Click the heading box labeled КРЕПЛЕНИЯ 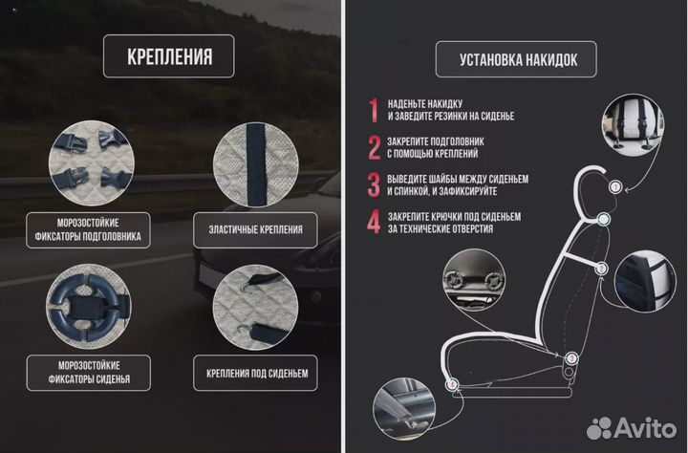pyautogui.click(x=169, y=57)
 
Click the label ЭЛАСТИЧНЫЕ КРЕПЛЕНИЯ pyautogui.click(x=255, y=229)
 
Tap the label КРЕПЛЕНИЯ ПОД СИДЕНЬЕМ pyautogui.click(x=256, y=372)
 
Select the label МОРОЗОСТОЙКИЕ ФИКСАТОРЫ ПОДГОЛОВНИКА pyautogui.click(x=87, y=229)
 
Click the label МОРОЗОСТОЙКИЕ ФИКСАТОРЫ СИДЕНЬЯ pyautogui.click(x=87, y=373)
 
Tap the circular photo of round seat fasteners pyautogui.click(x=87, y=304)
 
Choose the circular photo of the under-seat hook pyautogui.click(x=255, y=304)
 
